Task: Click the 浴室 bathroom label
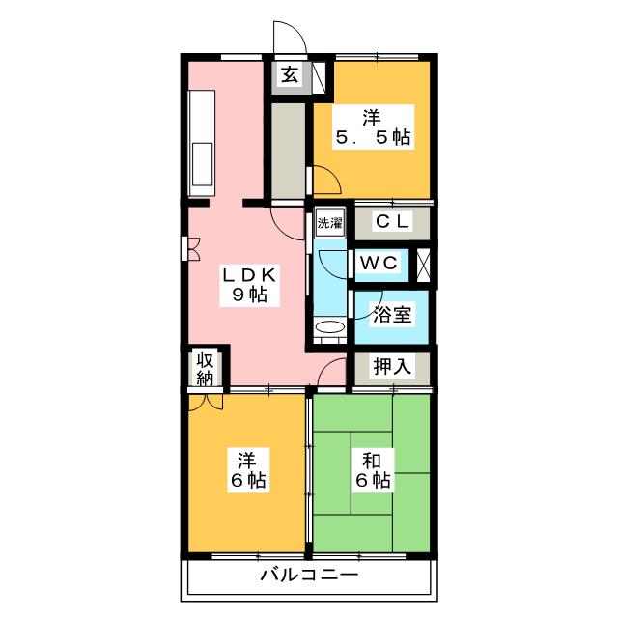(x=392, y=314)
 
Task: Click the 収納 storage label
(x=205, y=369)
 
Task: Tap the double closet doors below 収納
(x=206, y=401)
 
